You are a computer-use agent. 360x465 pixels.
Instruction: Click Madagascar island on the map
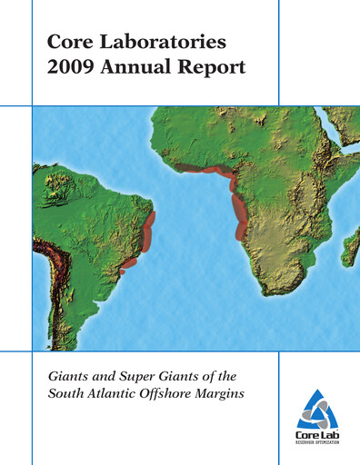(x=350, y=246)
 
